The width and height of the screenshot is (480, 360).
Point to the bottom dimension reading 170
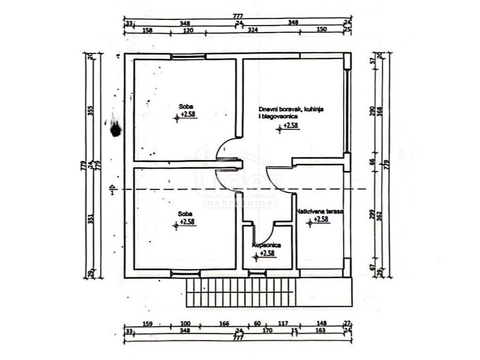267,331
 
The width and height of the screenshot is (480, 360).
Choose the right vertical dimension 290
372,110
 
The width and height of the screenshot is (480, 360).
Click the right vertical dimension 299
372,215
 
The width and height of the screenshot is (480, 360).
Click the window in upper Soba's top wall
189,56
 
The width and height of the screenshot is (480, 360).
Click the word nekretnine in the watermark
240,203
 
